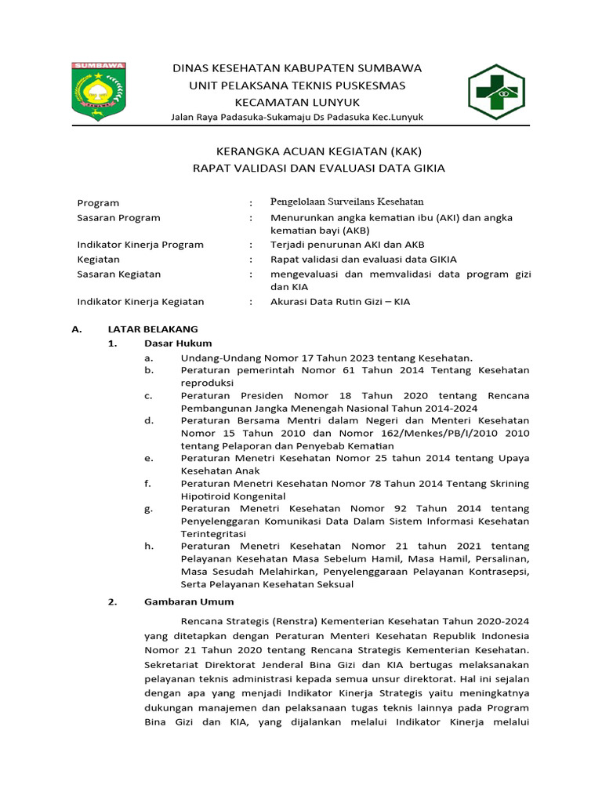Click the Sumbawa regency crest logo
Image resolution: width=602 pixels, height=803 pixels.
click(98, 86)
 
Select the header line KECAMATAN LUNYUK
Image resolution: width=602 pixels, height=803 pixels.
click(297, 102)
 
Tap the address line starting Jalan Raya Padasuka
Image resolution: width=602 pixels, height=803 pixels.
click(297, 117)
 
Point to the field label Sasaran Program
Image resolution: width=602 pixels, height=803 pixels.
click(118, 217)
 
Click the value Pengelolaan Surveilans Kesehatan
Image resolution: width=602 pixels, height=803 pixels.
click(346, 202)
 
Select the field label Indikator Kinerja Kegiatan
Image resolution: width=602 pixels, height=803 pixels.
click(140, 301)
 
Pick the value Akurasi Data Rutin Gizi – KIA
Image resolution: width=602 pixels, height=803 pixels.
click(340, 301)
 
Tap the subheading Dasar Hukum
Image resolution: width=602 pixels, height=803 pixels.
click(178, 343)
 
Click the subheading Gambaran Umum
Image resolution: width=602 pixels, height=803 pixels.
click(189, 601)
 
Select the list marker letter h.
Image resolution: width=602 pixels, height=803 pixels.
click(148, 546)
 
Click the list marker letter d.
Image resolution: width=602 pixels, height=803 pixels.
click(148, 420)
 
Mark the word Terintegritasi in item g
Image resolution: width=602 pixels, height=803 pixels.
click(213, 533)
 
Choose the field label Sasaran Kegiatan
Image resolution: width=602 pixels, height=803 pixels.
click(118, 274)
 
